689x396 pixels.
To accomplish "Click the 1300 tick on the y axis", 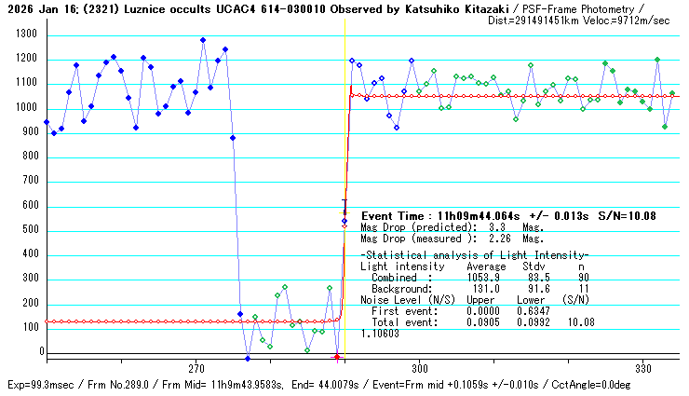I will (x=24, y=34).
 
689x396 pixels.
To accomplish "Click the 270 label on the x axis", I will (x=196, y=368).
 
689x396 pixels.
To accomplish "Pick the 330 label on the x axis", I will (x=642, y=368).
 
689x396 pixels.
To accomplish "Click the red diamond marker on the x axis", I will (x=336, y=357).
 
